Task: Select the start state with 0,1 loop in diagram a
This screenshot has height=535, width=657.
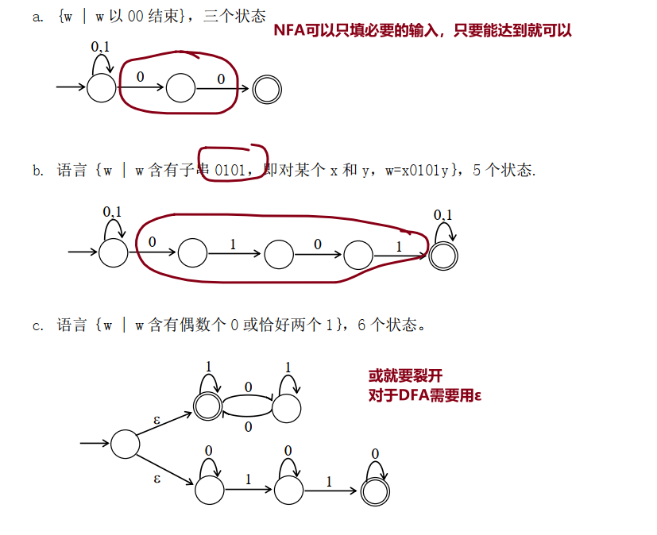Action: click(101, 87)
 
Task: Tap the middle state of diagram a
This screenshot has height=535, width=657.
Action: click(180, 88)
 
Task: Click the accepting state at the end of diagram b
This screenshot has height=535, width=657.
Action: click(443, 254)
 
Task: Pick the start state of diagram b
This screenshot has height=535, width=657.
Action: click(113, 253)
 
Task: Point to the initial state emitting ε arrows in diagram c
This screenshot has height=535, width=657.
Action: click(125, 444)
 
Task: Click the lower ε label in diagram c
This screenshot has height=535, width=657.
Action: click(157, 478)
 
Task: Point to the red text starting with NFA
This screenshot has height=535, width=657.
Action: click(422, 31)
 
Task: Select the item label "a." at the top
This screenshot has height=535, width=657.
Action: click(38, 17)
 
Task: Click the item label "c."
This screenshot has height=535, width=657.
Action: click(38, 325)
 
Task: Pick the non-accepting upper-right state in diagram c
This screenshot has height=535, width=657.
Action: click(286, 408)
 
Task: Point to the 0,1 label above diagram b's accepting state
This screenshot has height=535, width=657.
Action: click(443, 215)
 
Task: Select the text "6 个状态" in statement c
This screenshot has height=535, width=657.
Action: click(392, 325)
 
